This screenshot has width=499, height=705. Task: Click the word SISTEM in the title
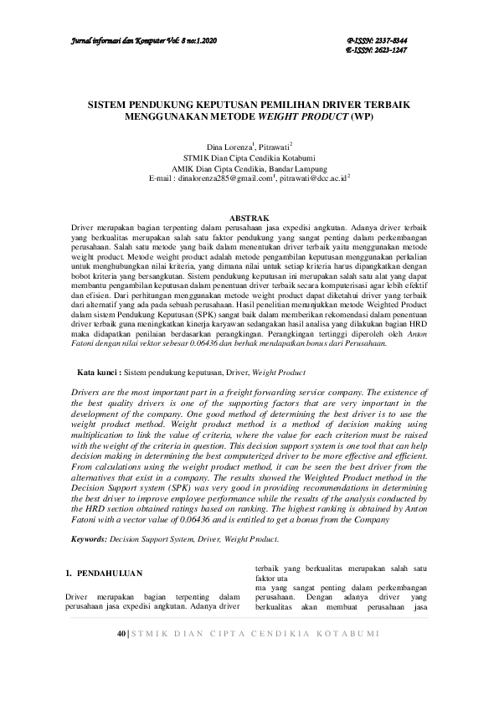[110, 107]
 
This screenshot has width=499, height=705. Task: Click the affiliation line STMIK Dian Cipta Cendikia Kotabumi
[249, 157]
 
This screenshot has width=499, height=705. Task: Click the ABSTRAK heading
[249, 218]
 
